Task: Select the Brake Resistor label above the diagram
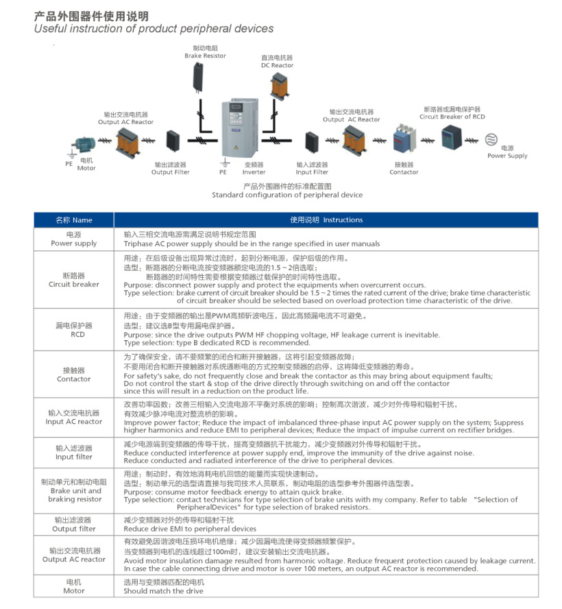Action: tap(205, 56)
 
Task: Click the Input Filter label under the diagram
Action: tap(312, 172)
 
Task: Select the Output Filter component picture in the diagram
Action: tap(171, 144)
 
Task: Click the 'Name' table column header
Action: tap(73, 220)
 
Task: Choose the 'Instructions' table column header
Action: tap(326, 220)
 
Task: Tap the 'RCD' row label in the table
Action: tap(73, 334)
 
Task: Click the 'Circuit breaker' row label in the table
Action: tap(73, 284)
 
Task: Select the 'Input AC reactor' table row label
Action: tap(73, 421)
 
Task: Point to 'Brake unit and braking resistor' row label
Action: tap(73, 494)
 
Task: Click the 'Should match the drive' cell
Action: tap(163, 590)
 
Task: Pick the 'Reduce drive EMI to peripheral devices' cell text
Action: tap(190, 529)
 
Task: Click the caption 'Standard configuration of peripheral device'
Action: tap(287, 195)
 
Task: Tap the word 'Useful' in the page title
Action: tap(52, 29)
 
